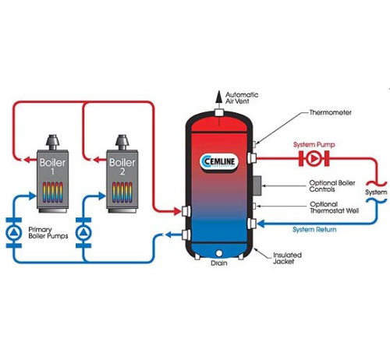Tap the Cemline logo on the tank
tap(219, 162)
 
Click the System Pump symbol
tap(314, 158)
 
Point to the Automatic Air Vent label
tap(242, 98)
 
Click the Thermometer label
tap(330, 112)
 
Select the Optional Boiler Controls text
tap(332, 186)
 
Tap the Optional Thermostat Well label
tap(335, 207)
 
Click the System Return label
tap(314, 230)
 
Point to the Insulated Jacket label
tap(287, 258)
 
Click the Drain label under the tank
tap(219, 263)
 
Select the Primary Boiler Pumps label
tap(48, 233)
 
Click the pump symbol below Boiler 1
tap(14, 233)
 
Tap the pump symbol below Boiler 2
tap(83, 233)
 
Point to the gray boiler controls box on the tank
tap(257, 185)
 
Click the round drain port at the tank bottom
tap(219, 253)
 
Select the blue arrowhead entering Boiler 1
tap(32, 196)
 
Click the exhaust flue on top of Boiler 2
tap(122, 143)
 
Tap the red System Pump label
tap(314, 145)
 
